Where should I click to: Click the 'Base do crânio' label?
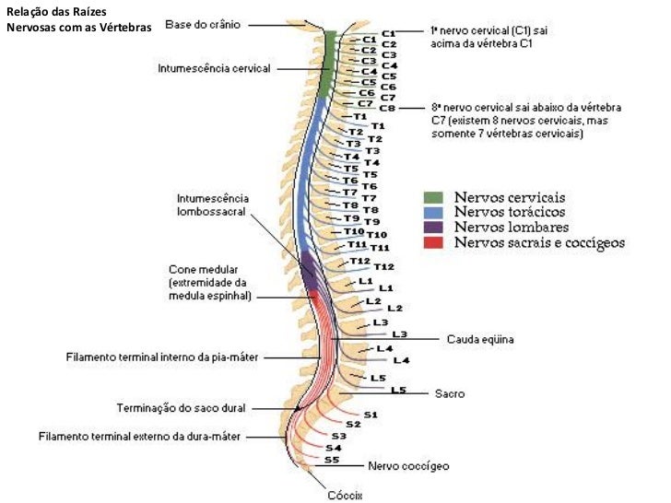click(x=203, y=25)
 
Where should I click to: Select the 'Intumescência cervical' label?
click(x=215, y=68)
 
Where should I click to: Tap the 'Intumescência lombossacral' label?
click(x=211, y=204)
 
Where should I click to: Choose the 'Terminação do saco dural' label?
click(x=182, y=407)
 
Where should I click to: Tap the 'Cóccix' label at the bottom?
click(x=346, y=495)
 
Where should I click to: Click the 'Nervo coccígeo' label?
click(x=408, y=466)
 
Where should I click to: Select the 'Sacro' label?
click(x=450, y=393)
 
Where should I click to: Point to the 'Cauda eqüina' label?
click(x=479, y=339)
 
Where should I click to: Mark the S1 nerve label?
click(x=370, y=415)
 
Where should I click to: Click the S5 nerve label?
click(x=332, y=459)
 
